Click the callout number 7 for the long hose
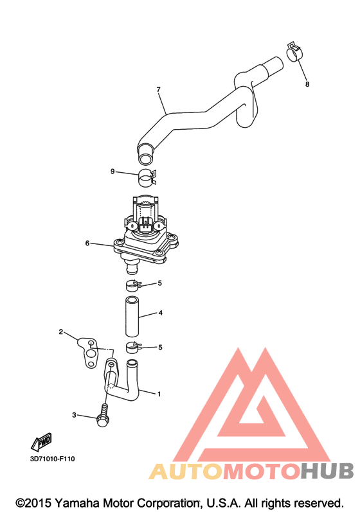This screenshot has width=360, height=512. [x=158, y=89]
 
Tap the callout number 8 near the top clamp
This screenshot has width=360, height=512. [x=307, y=84]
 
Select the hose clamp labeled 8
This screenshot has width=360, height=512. [x=295, y=52]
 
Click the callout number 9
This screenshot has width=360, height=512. [x=113, y=172]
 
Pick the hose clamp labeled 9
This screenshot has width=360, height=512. [x=147, y=178]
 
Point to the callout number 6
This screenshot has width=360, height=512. [x=87, y=243]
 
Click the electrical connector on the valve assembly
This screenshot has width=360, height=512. [x=145, y=226]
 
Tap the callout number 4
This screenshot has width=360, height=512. [x=161, y=313]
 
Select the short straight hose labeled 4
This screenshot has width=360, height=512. [x=132, y=316]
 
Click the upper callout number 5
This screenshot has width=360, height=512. [x=159, y=283]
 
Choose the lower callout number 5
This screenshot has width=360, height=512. [x=160, y=348]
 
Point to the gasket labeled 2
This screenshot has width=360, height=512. [x=88, y=353]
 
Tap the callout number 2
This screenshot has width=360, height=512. [x=61, y=331]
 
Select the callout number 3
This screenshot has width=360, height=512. [x=74, y=415]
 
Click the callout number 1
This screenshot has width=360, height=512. [x=159, y=394]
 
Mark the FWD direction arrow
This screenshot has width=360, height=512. [x=42, y=441]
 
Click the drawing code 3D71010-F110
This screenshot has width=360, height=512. [x=52, y=459]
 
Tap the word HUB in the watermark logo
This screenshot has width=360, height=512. [x=327, y=472]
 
